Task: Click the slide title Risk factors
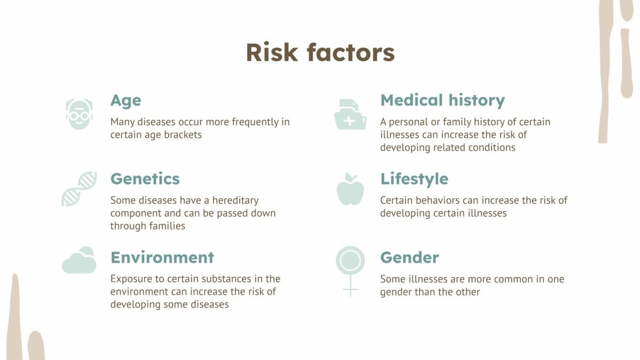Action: click(320, 53)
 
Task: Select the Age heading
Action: click(126, 100)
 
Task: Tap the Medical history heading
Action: click(442, 100)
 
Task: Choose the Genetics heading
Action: click(145, 179)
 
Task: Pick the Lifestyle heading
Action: click(414, 179)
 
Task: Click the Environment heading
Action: click(162, 257)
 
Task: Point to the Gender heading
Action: click(409, 257)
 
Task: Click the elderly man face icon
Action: click(79, 114)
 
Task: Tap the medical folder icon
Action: click(350, 115)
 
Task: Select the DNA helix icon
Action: click(79, 189)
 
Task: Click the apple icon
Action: click(350, 189)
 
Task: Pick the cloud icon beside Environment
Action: click(79, 261)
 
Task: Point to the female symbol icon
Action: click(350, 270)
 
